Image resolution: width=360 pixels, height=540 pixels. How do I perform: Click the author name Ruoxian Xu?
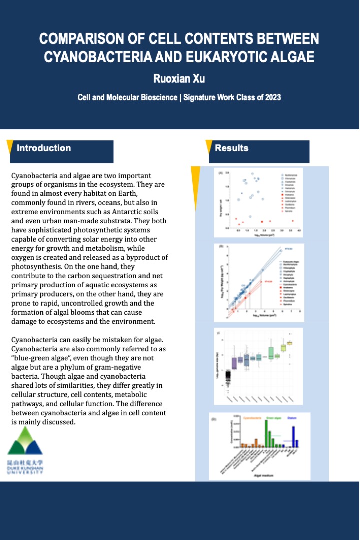[179, 78]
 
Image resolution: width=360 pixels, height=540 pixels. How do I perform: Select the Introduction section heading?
[44, 148]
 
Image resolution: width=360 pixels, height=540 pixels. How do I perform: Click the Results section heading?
[231, 148]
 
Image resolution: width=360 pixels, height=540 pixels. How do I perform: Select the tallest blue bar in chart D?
[294, 436]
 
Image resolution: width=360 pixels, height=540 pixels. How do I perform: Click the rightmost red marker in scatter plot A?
[293, 220]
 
